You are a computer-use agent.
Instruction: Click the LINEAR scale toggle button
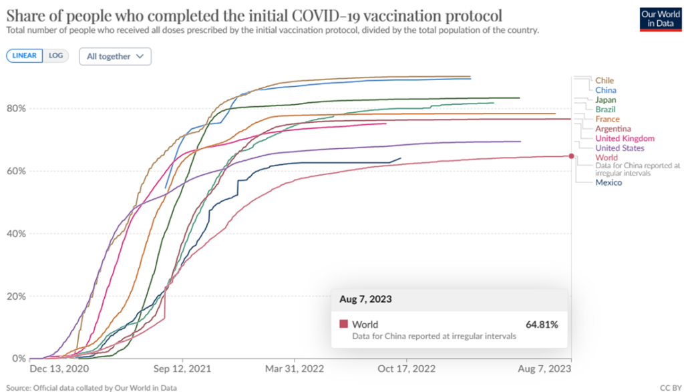25,56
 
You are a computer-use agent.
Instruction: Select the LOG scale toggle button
56,56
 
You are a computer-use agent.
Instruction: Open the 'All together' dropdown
115,57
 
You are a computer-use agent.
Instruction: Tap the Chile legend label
605,81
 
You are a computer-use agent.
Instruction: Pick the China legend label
605,90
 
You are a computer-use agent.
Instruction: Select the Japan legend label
605,100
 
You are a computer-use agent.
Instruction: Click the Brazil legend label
605,110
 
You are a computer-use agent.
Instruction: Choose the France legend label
607,120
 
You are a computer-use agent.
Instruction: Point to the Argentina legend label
613,129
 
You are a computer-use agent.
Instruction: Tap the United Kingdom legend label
625,139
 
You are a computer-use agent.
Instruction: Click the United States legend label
619,148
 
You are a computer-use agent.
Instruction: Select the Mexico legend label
608,183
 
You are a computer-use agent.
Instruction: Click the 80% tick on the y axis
17,108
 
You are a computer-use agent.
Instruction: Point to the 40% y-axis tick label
17,234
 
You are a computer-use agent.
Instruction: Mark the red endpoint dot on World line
571,156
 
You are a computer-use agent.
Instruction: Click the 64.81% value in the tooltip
542,325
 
